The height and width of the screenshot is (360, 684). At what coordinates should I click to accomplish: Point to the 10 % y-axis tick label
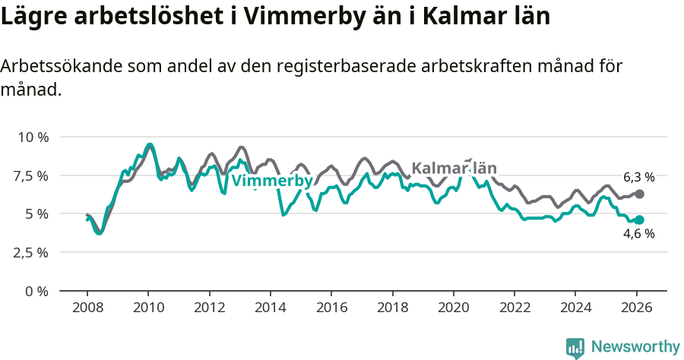point(33,137)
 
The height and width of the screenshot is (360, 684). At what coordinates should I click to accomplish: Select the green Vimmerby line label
point(271,182)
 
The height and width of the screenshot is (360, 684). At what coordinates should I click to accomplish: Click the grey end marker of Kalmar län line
point(639,194)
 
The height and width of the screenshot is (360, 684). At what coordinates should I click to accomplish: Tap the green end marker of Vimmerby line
point(639,219)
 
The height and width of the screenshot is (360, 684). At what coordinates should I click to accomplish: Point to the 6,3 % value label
point(638,177)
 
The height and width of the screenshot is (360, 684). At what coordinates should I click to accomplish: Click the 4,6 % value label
point(638,235)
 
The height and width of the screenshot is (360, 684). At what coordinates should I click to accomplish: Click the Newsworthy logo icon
point(575,348)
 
